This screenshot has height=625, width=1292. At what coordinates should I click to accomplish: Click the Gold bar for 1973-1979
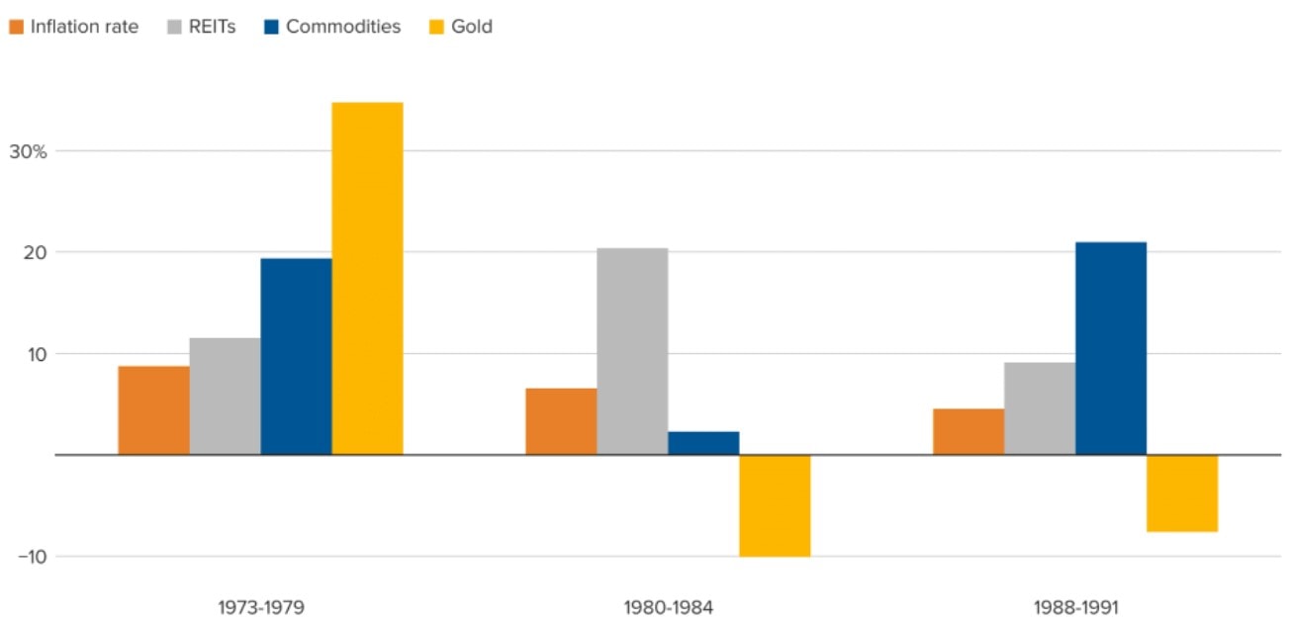click(x=367, y=278)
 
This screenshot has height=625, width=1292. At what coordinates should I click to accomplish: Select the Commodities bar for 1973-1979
click(x=296, y=356)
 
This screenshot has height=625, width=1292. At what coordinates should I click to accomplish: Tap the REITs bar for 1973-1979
click(x=225, y=396)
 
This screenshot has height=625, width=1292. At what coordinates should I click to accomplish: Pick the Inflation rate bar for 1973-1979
click(x=153, y=409)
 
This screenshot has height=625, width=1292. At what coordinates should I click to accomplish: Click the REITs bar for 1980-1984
click(x=632, y=351)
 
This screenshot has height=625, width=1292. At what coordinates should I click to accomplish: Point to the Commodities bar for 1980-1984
click(x=703, y=443)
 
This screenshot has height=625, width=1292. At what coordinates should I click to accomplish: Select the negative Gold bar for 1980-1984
click(x=775, y=505)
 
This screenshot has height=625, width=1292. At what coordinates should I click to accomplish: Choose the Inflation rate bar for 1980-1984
click(x=561, y=421)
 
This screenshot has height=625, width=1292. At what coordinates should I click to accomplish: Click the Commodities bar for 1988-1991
click(x=1111, y=348)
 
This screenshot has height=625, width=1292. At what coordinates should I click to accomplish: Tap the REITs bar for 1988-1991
click(x=1040, y=408)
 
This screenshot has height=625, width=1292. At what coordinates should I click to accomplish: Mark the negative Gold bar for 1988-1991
click(x=1182, y=493)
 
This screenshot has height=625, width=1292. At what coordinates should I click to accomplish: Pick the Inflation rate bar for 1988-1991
click(x=969, y=431)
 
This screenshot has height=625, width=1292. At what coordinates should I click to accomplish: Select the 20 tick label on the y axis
click(x=36, y=252)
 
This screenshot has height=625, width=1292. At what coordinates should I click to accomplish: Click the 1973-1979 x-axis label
click(x=260, y=607)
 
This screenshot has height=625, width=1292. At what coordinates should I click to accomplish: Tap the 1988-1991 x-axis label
click(x=1075, y=607)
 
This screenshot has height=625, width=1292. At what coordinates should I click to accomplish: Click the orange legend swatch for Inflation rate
click(x=16, y=28)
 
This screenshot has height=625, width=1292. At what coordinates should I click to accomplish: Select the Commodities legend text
click(x=343, y=27)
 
